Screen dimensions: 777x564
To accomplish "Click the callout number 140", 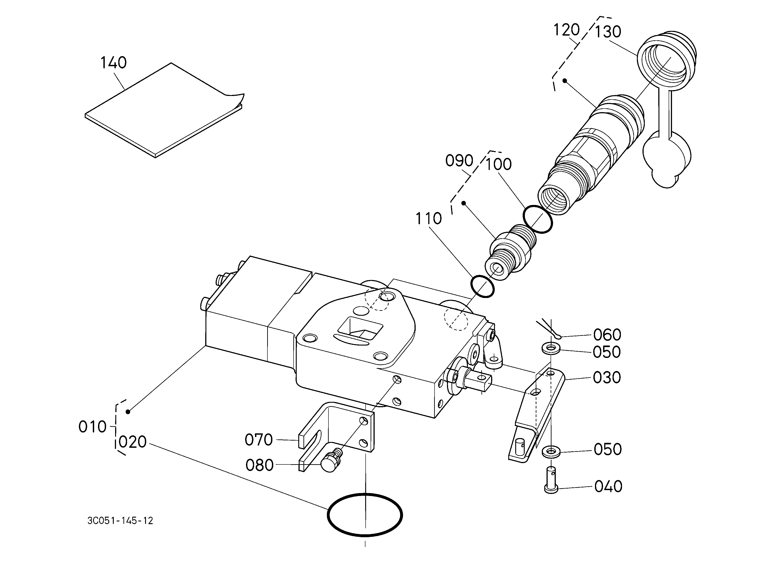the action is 113,63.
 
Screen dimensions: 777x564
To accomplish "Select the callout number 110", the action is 428,218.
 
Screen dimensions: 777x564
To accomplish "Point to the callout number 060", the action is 607,335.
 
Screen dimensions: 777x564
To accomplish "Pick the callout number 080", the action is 259,465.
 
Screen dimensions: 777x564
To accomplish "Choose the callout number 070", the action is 259,440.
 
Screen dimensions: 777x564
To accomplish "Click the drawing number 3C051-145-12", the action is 120,521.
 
